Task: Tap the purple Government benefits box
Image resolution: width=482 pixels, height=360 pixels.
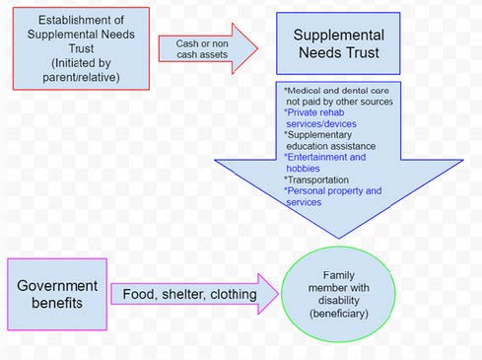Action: pos(54,293)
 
